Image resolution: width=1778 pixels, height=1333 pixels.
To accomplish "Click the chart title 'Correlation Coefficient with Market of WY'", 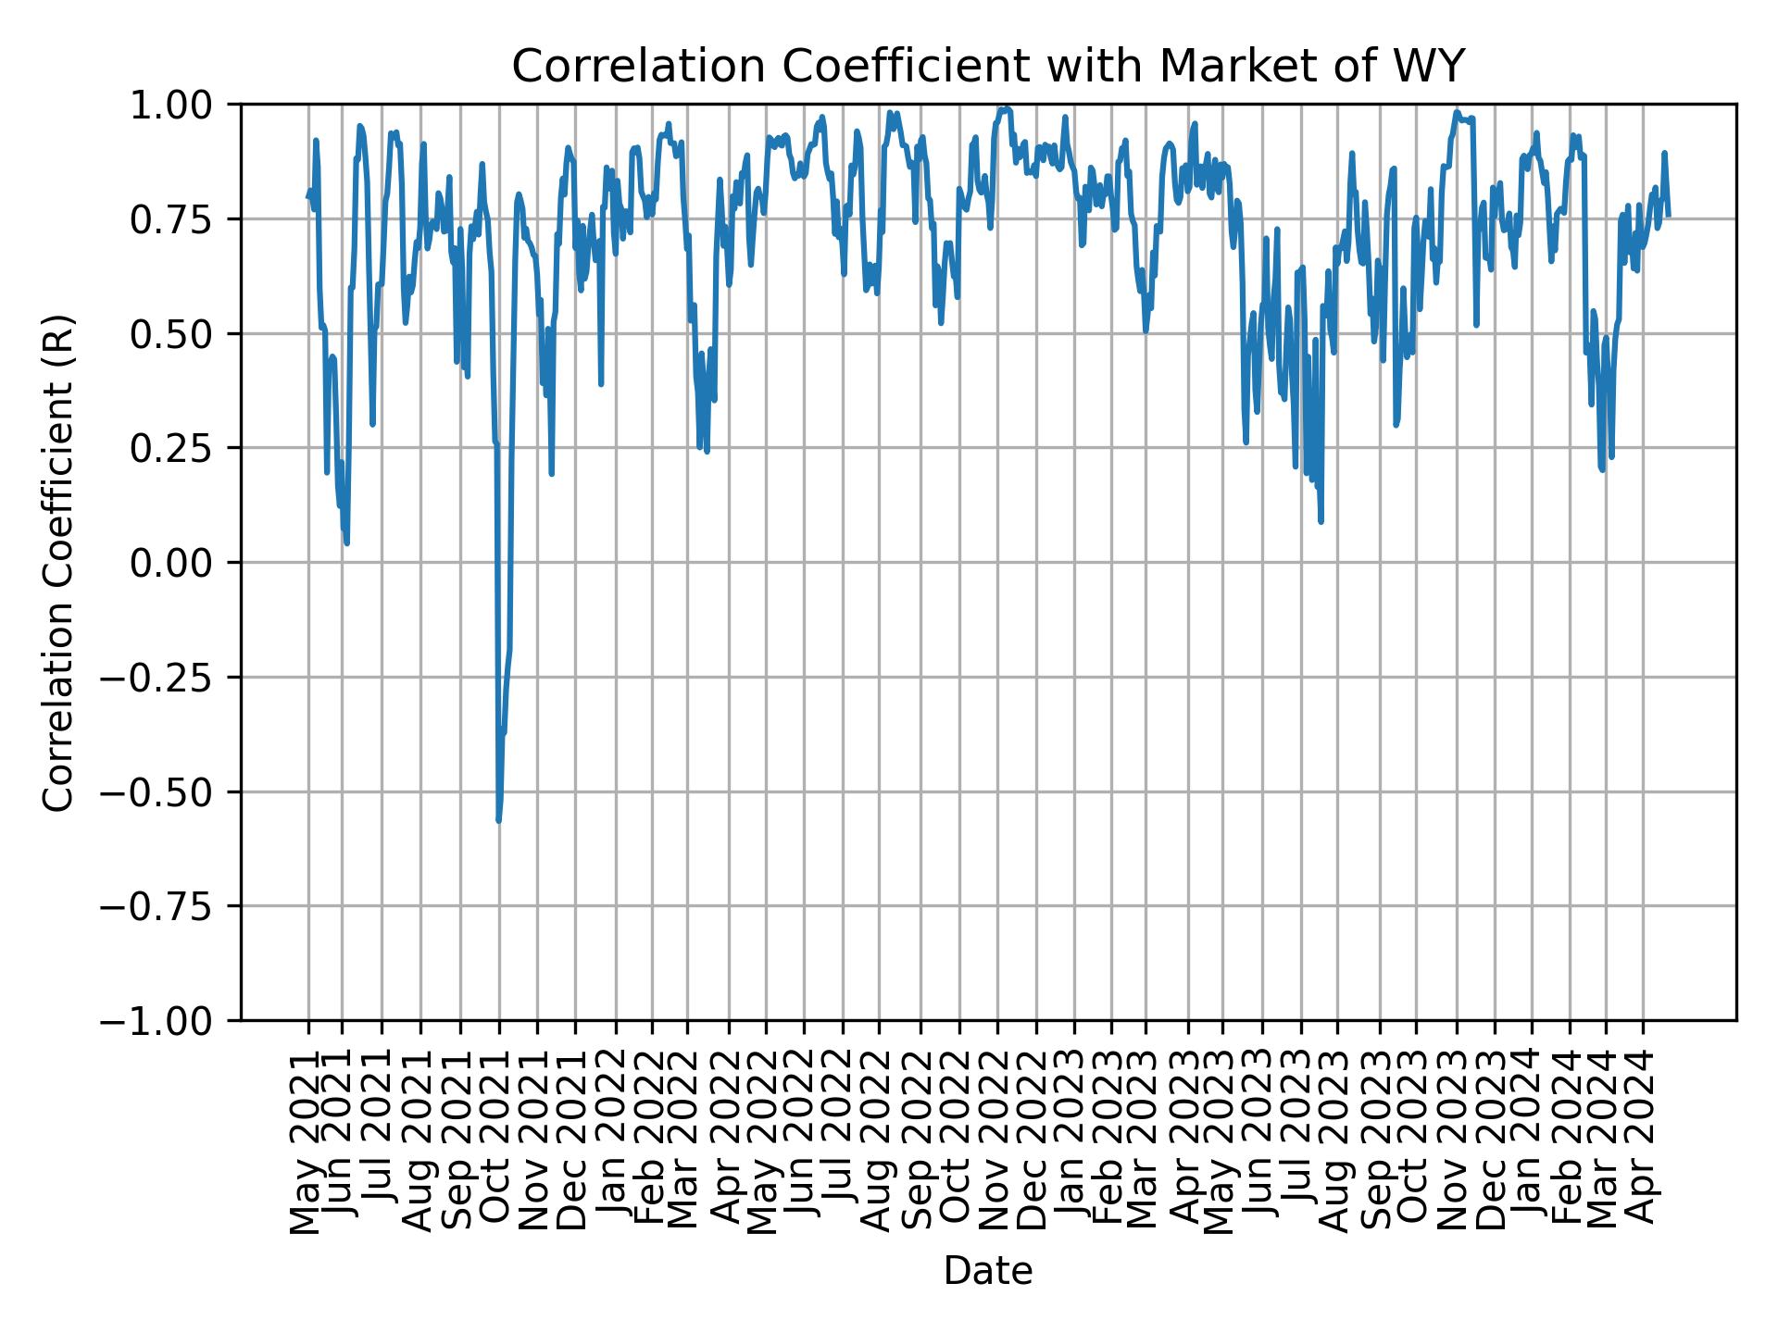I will tap(988, 67).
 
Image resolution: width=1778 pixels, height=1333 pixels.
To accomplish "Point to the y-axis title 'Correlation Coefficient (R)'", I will tap(58, 562).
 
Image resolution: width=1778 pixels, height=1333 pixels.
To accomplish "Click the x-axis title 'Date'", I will tap(988, 1271).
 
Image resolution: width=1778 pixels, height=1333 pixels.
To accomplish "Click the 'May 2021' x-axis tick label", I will tap(307, 1140).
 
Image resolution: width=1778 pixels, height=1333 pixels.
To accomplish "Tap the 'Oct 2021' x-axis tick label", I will tap(498, 1140).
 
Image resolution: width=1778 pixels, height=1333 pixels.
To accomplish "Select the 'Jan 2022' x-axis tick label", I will tap(616, 1140).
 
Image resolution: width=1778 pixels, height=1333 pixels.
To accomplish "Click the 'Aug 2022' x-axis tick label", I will tap(879, 1140).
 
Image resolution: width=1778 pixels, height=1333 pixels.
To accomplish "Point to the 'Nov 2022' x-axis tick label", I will tap(997, 1140).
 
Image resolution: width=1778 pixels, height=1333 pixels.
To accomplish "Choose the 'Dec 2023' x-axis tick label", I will tap(1494, 1140).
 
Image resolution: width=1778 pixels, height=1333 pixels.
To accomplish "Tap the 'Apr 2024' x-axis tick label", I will tap(1644, 1140).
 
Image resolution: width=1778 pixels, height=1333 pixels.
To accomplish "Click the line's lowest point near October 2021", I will tap(499, 820).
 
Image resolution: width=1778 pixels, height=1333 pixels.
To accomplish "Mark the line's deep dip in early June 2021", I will tap(346, 542).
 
